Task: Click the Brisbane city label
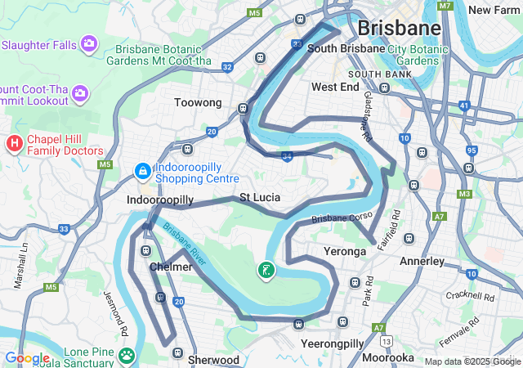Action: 400,28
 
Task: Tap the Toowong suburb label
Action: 199,103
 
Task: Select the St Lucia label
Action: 260,198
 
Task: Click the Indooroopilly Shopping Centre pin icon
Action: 142,172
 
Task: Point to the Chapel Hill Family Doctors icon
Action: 14,144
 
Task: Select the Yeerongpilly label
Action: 333,343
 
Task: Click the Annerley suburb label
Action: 422,262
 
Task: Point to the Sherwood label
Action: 213,360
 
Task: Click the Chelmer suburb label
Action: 171,267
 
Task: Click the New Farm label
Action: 495,10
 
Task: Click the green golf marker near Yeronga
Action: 266,270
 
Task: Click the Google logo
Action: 27,358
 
